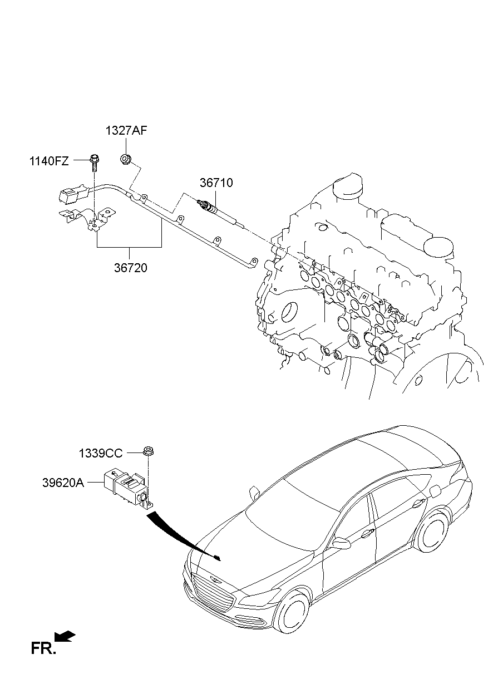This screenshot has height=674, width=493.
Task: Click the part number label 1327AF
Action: click(x=126, y=131)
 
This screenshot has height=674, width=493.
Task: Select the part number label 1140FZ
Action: click(x=50, y=161)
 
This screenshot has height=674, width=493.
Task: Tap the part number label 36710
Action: click(x=216, y=183)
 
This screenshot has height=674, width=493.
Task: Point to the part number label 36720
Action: click(x=131, y=268)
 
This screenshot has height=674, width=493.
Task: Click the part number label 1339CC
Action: click(x=100, y=454)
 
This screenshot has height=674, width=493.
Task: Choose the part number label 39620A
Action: click(x=63, y=483)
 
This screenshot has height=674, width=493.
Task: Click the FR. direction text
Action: click(x=43, y=648)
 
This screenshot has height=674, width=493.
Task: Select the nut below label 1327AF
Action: click(x=126, y=160)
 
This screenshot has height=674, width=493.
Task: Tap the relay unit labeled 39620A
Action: click(x=126, y=487)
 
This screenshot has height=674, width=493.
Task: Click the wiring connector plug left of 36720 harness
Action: click(x=70, y=196)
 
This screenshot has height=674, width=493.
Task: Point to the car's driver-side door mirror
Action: click(x=341, y=542)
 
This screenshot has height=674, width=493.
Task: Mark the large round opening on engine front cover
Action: click(x=289, y=311)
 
